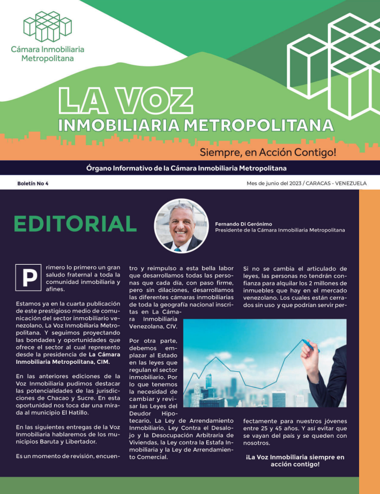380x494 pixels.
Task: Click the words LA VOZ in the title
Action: point(125,101)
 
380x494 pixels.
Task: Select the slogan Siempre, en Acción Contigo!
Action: point(268,152)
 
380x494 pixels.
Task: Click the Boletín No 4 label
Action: point(33,183)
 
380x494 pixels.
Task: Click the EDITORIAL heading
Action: point(76,223)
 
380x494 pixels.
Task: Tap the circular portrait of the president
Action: point(181,226)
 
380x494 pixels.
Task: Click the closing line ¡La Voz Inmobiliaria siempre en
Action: point(295,457)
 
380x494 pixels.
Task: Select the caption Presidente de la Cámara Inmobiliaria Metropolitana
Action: point(280,230)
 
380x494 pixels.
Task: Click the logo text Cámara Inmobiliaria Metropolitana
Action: point(47,54)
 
